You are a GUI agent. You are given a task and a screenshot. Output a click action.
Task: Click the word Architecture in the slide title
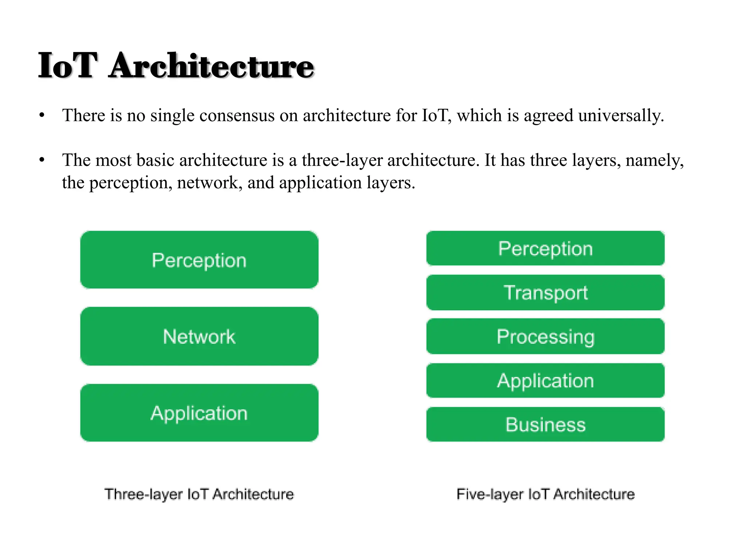pos(211,66)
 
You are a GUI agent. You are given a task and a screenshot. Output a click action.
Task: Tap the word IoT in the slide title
pos(68,66)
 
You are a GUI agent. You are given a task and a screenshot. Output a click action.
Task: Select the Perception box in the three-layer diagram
pos(199,260)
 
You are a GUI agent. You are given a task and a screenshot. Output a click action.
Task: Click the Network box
pos(199,336)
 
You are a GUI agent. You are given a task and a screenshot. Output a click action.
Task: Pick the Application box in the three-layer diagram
pos(199,413)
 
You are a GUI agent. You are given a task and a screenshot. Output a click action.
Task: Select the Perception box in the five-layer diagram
pos(545,249)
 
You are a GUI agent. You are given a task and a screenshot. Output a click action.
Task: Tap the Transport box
pos(545,293)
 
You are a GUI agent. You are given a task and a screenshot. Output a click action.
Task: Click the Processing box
pos(545,336)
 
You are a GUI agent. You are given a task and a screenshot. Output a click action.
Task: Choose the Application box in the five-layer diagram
pos(545,381)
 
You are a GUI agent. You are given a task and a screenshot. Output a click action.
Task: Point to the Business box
pos(545,424)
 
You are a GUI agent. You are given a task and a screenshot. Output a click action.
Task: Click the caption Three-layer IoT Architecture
pos(199,494)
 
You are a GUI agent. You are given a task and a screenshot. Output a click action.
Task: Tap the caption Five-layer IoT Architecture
pos(545,494)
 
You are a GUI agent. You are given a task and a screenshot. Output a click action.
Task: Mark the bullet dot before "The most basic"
pos(42,160)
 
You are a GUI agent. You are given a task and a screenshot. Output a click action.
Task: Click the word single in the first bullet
pos(172,116)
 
